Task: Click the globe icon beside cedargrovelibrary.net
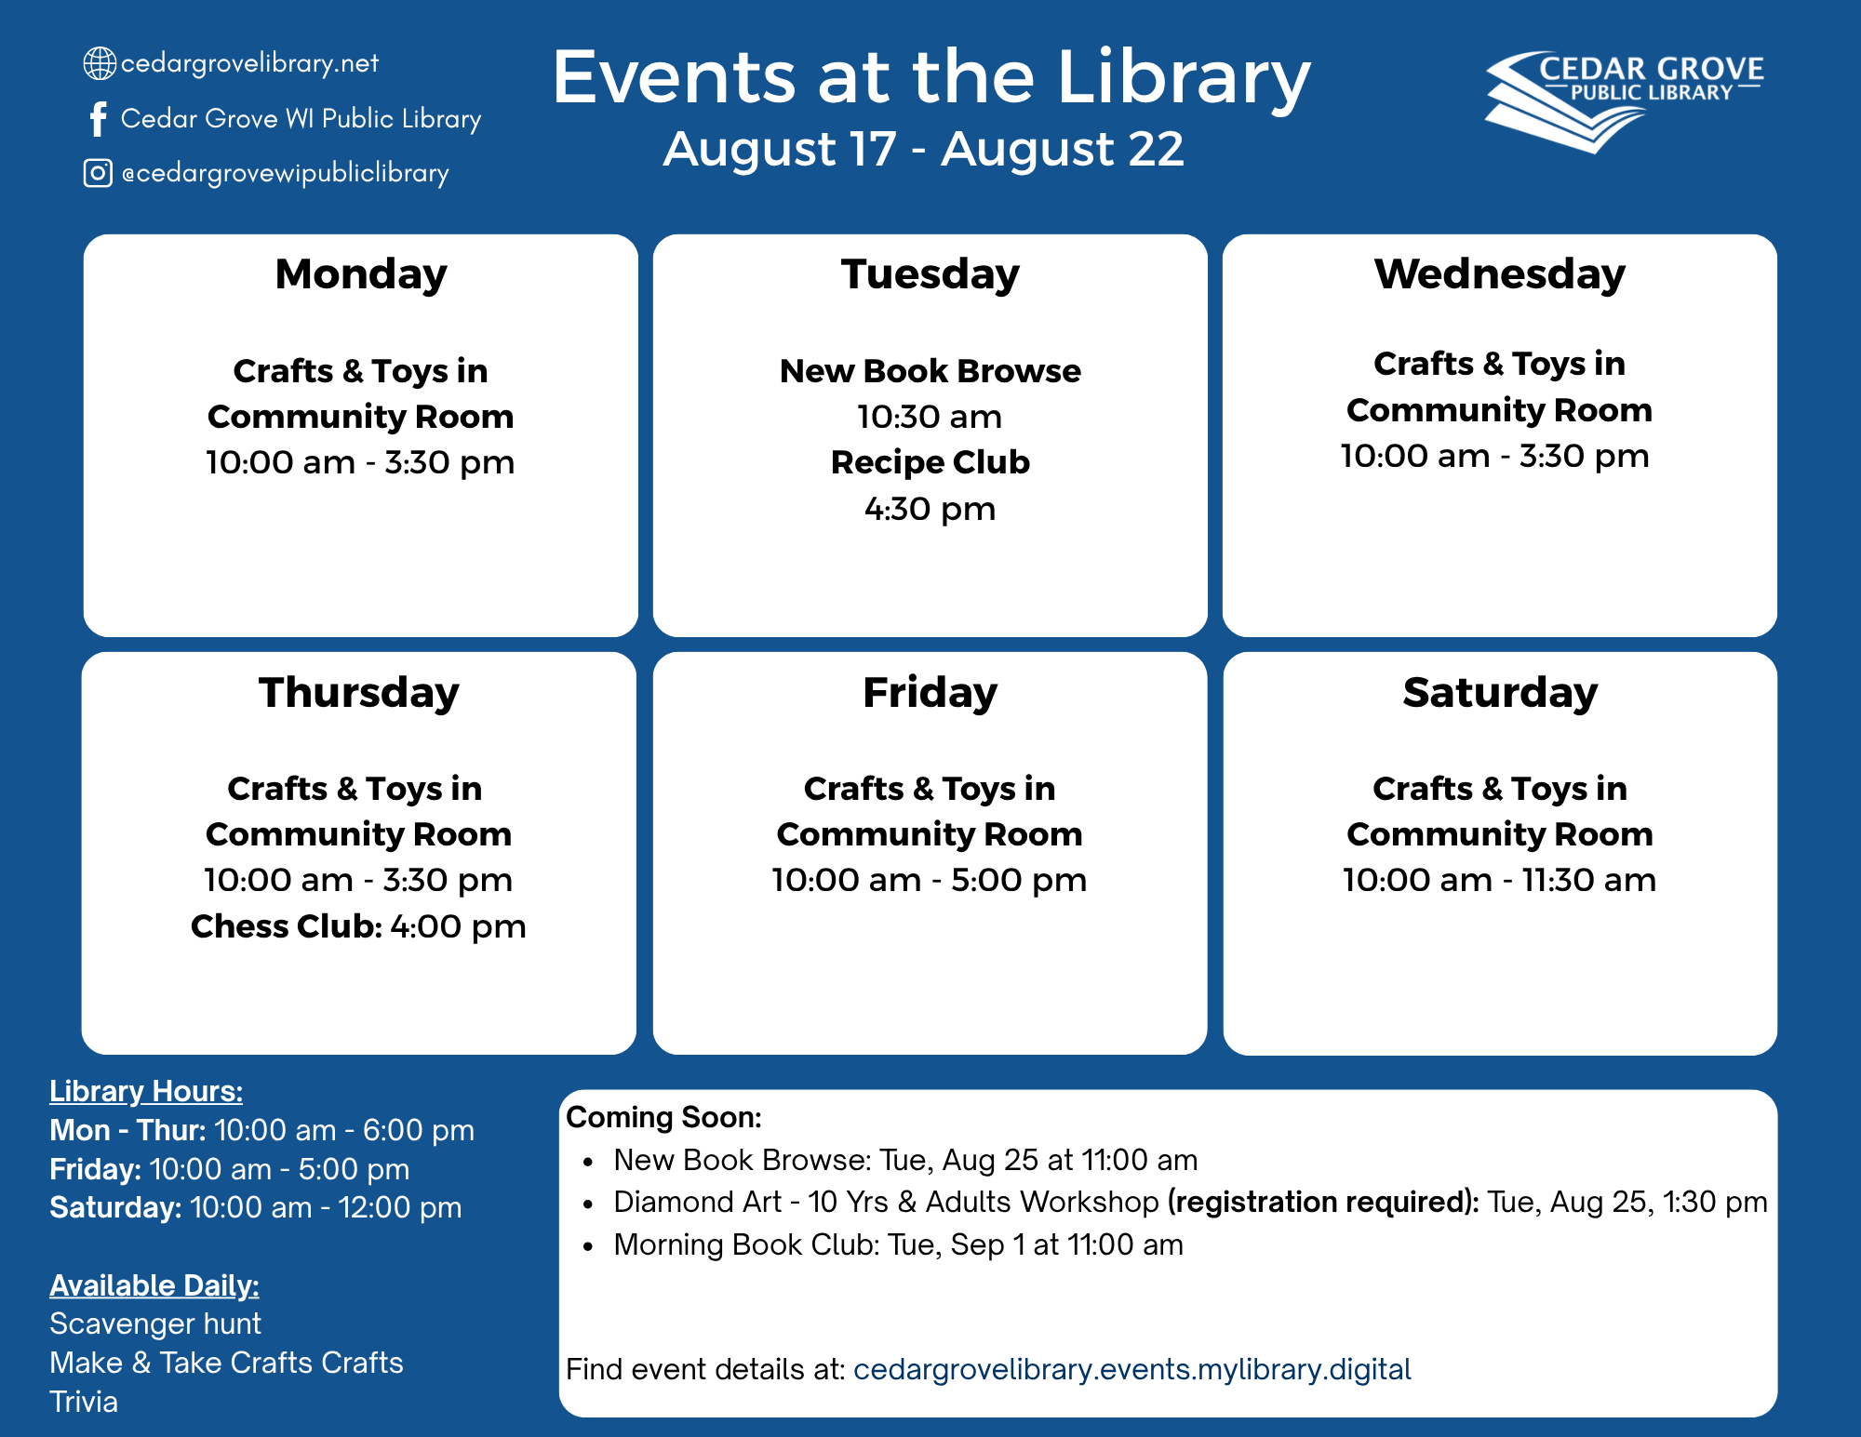(100, 63)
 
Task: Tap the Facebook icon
(98, 119)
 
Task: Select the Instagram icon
(98, 173)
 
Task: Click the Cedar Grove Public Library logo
(1624, 101)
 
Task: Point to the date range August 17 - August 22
(923, 149)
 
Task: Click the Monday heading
(361, 275)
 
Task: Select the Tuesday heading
(930, 275)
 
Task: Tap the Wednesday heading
(1500, 274)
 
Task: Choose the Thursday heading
(359, 694)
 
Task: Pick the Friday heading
(930, 694)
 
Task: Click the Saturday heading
(1500, 694)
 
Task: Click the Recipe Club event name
(930, 462)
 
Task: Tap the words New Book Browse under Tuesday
(930, 371)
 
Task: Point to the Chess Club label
(287, 926)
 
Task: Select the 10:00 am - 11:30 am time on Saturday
(1499, 880)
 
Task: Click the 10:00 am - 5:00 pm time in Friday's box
(930, 880)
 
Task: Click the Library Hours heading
(146, 1091)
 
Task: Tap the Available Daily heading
(154, 1285)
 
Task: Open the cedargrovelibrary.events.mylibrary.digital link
(1132, 1369)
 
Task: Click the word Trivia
(84, 1402)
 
